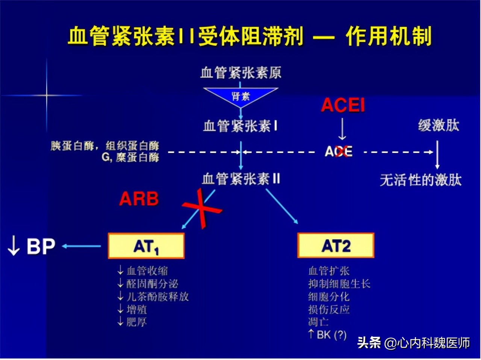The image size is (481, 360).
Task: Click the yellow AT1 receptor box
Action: pos(146,246)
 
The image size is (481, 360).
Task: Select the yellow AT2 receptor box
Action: pos(336,245)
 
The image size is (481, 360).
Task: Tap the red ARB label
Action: pos(139,199)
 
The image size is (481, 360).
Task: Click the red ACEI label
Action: pos(343,105)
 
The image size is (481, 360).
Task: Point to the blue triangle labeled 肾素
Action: pos(240,95)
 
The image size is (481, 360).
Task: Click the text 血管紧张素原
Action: pos(241,73)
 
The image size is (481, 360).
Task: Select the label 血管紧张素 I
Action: pos(240,126)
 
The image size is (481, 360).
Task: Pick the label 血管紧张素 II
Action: pos(241,178)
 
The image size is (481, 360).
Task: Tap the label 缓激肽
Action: pos(439,125)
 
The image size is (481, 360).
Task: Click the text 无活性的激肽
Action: pos(420,180)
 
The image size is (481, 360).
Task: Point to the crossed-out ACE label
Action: pos(339,151)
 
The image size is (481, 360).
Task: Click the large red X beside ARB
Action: pos(202,209)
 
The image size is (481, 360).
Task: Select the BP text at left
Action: pos(41,247)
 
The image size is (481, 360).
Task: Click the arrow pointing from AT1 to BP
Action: pos(82,246)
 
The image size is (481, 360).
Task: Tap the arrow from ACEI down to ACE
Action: pos(342,129)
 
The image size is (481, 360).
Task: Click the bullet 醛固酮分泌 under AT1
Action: pos(152,283)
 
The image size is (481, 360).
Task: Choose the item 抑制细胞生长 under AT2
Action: pos(339,283)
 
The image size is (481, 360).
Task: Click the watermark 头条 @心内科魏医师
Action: pos(413,343)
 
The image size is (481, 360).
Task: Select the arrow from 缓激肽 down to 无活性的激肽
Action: pos(437,155)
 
